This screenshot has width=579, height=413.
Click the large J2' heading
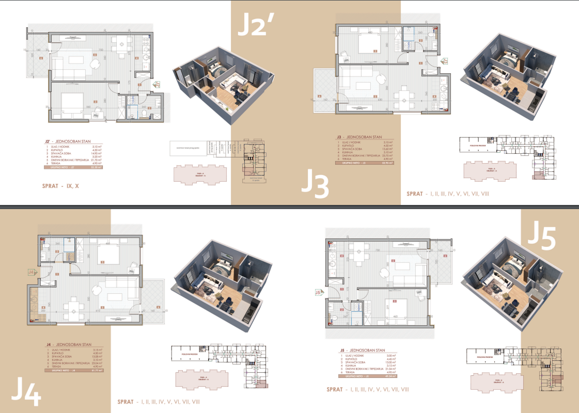tap(259, 25)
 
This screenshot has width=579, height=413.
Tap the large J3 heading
tap(315, 184)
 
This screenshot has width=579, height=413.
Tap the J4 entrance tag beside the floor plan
tap(31, 272)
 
